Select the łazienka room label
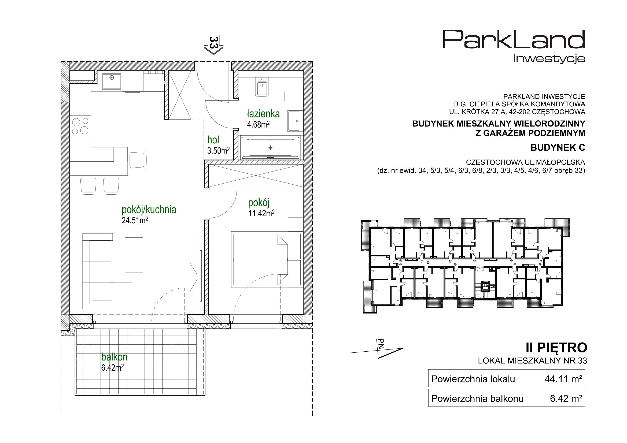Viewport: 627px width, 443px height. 263,114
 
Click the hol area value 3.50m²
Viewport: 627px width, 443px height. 218,150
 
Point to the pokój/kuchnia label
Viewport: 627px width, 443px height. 149,210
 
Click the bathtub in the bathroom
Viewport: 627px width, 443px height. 270,148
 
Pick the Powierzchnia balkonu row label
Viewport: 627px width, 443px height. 477,399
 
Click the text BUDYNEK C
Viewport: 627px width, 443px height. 558,148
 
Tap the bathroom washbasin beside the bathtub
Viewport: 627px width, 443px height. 294,121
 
